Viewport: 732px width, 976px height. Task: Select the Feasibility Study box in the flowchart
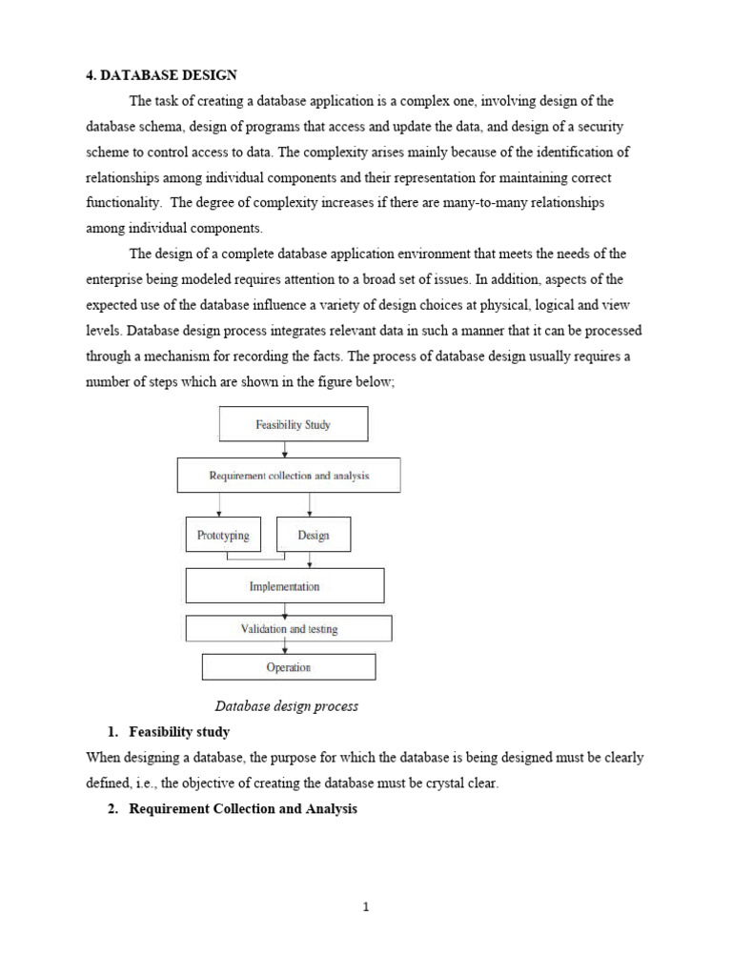click(293, 425)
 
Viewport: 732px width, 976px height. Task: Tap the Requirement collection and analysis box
click(289, 475)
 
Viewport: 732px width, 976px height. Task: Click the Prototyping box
click(223, 535)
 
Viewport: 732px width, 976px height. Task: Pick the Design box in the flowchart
click(313, 535)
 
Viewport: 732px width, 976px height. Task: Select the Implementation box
click(284, 586)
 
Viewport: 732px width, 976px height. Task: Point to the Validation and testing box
click(288, 629)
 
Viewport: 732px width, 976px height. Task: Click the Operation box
click(288, 667)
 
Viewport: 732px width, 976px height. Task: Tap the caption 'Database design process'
click(286, 706)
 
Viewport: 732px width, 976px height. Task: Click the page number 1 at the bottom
click(366, 906)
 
